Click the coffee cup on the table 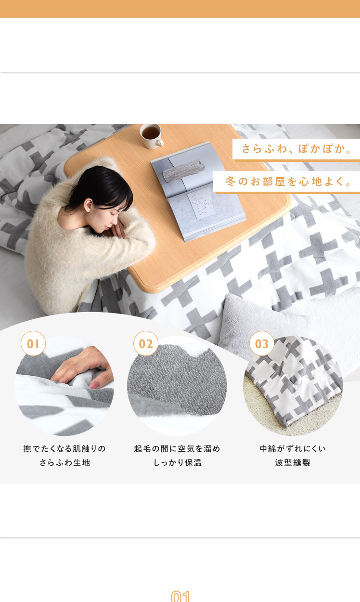click(x=152, y=136)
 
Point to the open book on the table click(x=198, y=191)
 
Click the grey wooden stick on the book click(x=184, y=170)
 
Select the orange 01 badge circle click(x=33, y=343)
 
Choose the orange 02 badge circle click(x=146, y=343)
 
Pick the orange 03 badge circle click(x=262, y=343)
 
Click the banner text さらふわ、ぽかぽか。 click(x=296, y=149)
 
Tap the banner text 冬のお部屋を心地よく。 click(x=289, y=182)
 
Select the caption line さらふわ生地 click(x=65, y=462)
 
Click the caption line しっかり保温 click(x=177, y=462)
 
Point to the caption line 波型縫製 click(x=293, y=462)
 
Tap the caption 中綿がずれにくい click(x=293, y=448)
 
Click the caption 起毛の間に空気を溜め click(x=177, y=448)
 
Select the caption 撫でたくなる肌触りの click(x=64, y=448)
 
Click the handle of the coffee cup click(x=160, y=143)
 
